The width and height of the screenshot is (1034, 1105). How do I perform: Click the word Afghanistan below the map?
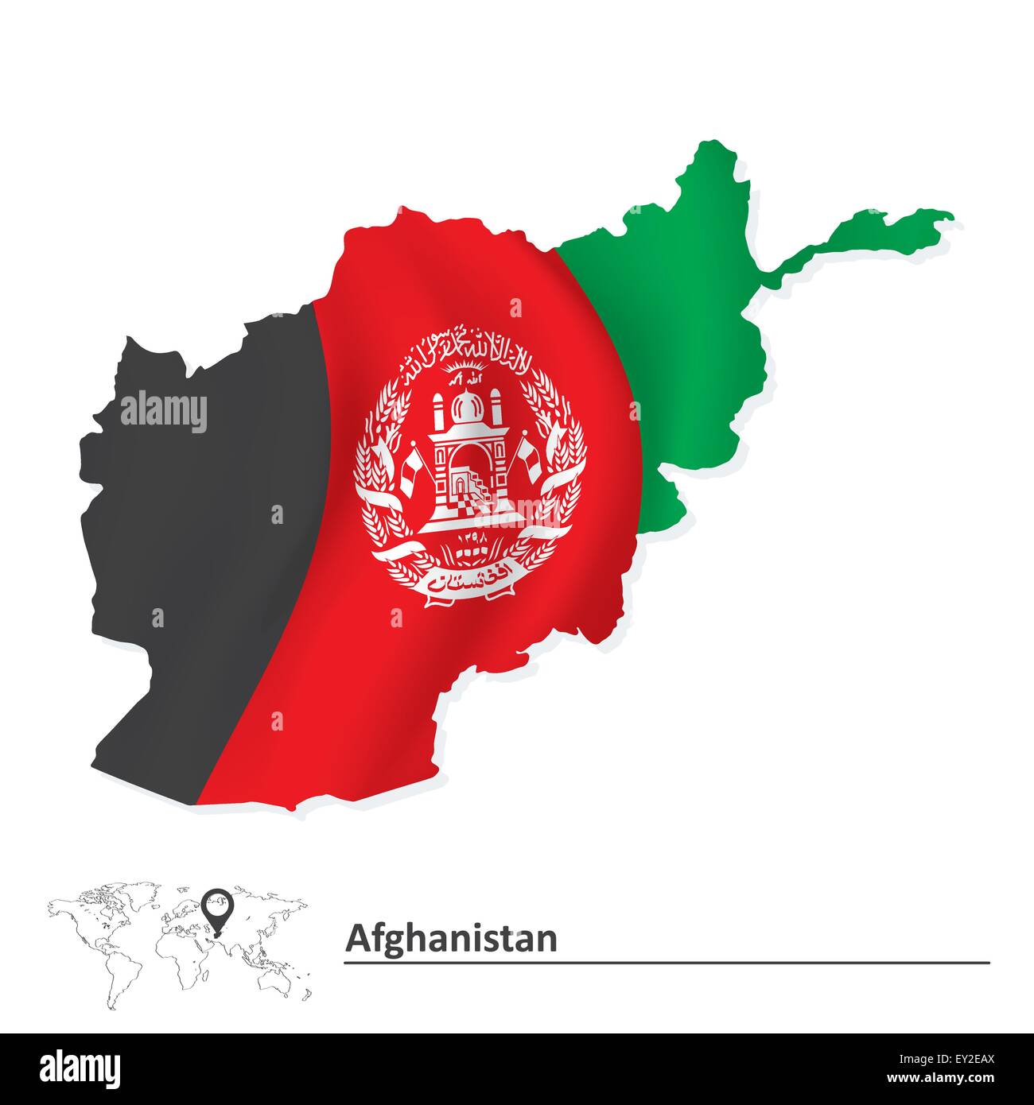tap(451, 938)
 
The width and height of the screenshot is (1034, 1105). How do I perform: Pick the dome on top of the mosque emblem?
tap(467, 406)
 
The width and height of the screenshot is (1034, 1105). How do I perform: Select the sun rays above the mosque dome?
tap(468, 370)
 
